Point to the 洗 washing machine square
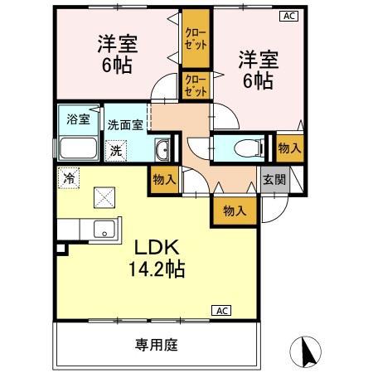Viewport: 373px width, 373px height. pyautogui.click(x=117, y=151)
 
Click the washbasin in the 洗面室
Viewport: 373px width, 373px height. pyautogui.click(x=163, y=150)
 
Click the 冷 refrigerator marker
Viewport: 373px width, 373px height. pyautogui.click(x=70, y=177)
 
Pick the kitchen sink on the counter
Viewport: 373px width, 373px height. pyautogui.click(x=104, y=230)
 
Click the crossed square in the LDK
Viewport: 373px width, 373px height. pyautogui.click(x=104, y=197)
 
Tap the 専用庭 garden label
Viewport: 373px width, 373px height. pyautogui.click(x=157, y=344)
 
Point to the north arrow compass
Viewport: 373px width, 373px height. pyautogui.click(x=307, y=351)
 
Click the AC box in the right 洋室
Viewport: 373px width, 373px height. pyautogui.click(x=288, y=16)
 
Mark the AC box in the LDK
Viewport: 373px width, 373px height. pyautogui.click(x=221, y=310)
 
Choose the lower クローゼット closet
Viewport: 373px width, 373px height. pyautogui.click(x=196, y=85)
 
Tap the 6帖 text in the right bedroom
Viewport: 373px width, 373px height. pyautogui.click(x=256, y=82)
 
